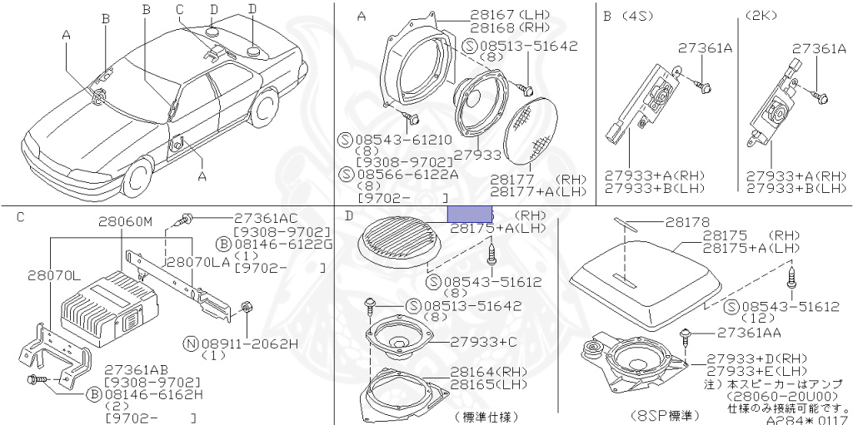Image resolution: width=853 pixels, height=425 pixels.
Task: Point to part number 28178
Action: tap(687, 223)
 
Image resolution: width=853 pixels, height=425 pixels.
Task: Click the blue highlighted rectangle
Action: tap(470, 214)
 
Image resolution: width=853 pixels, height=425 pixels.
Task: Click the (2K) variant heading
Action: tap(761, 16)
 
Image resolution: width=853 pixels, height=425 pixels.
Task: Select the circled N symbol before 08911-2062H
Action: tap(191, 343)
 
